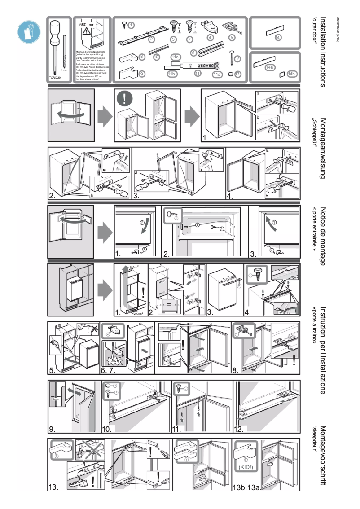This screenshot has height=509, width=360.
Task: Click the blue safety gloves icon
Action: coord(27,31)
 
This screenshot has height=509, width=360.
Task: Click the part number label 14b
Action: coord(291,74)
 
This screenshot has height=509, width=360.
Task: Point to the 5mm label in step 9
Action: coord(55,399)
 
